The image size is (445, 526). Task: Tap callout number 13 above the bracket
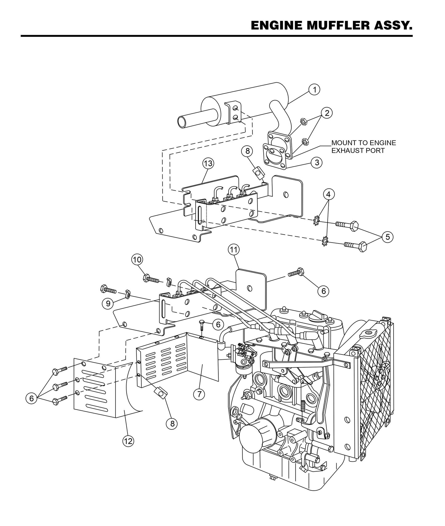(x=208, y=164)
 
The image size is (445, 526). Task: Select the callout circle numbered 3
(x=317, y=162)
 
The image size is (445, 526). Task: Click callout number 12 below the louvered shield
(x=128, y=441)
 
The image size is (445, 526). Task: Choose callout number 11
(x=233, y=250)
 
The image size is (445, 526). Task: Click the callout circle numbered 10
(x=137, y=260)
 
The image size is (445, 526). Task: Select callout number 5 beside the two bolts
(x=387, y=237)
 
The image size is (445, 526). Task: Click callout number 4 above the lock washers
(x=329, y=194)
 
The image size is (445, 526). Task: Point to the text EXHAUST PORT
(x=358, y=151)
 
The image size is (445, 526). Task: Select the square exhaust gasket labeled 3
(x=275, y=156)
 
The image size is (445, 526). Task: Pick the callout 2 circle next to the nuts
(x=327, y=113)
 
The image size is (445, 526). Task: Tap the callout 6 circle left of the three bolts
(x=31, y=399)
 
